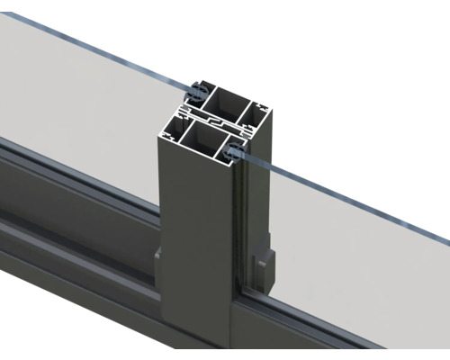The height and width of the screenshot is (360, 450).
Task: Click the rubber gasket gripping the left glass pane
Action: pyautogui.click(x=194, y=92)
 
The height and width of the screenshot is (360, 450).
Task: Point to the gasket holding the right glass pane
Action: pyautogui.click(x=236, y=151)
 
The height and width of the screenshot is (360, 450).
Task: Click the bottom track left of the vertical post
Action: pyautogui.click(x=72, y=207)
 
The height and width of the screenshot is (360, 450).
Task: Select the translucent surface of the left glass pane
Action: pyautogui.click(x=81, y=99)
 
